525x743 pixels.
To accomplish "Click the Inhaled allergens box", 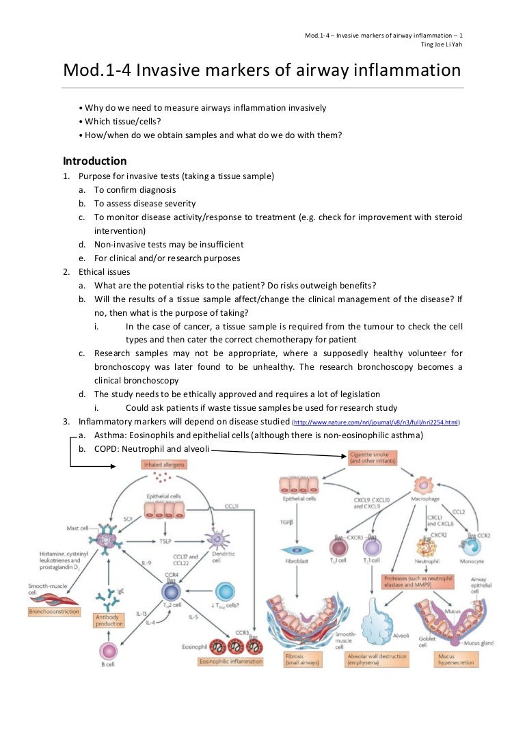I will point(164,465).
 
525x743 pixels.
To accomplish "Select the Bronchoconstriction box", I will point(54,611).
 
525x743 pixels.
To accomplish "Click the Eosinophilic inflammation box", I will point(230,662).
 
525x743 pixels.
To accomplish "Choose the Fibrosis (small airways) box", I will point(301,659).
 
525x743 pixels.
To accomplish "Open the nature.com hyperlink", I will point(375,422).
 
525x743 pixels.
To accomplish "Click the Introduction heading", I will point(94,161).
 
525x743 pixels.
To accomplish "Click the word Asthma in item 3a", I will point(107,435).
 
